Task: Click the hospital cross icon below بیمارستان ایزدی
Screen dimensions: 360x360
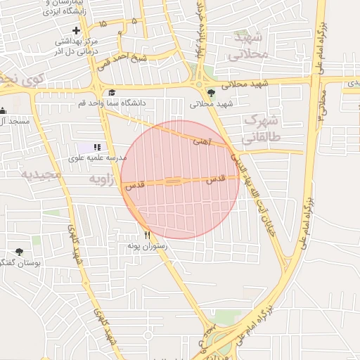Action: coord(76,30)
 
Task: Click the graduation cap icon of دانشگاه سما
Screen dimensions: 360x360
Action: coord(112,92)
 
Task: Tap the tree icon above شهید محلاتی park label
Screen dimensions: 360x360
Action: coord(211,92)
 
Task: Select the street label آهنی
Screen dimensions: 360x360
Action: coord(201,141)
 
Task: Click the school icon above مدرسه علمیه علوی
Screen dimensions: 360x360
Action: coord(96,147)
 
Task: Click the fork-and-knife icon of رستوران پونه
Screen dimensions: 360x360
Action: coord(147,235)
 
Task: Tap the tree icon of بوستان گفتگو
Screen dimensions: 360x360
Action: coord(18,252)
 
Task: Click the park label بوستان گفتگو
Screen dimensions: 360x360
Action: coord(21,262)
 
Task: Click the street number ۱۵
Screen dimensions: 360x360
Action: coord(103,25)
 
